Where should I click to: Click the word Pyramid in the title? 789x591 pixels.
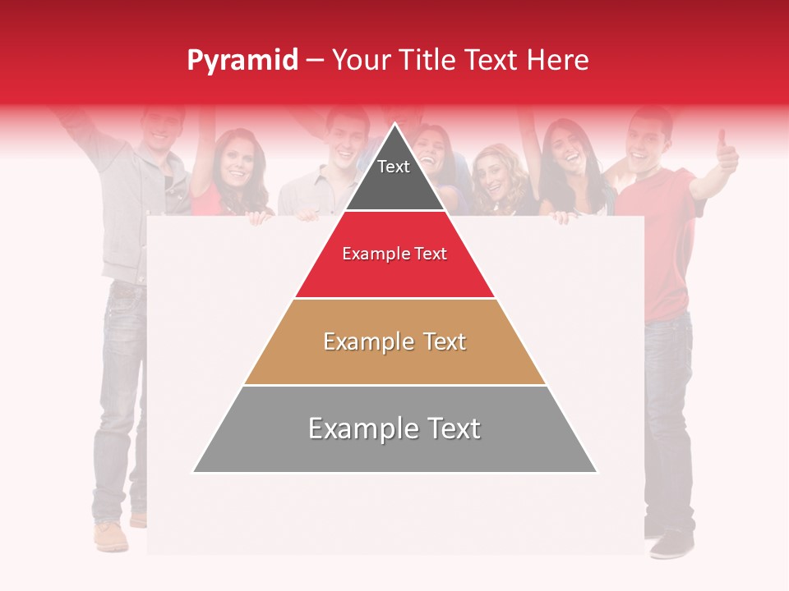(x=242, y=61)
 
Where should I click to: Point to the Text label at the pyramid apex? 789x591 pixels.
(x=394, y=167)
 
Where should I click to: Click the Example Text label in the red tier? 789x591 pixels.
(x=394, y=254)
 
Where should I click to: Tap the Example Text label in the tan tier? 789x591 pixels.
(x=394, y=341)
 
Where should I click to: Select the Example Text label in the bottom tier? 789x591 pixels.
(x=394, y=428)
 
